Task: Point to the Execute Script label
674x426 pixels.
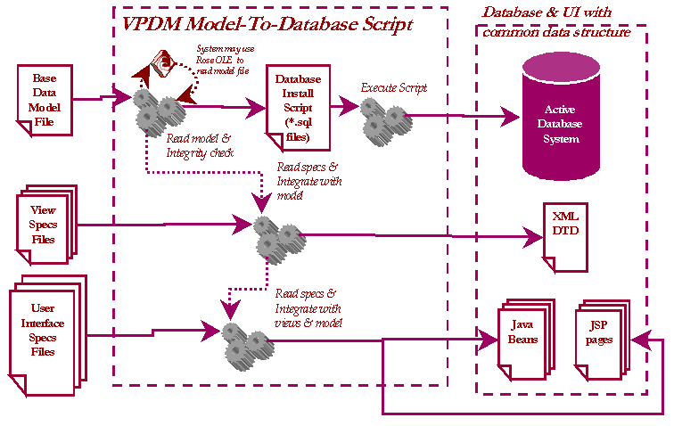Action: [x=394, y=88]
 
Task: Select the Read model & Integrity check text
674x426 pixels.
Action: [x=200, y=146]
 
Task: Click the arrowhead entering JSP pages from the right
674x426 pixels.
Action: [x=635, y=339]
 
